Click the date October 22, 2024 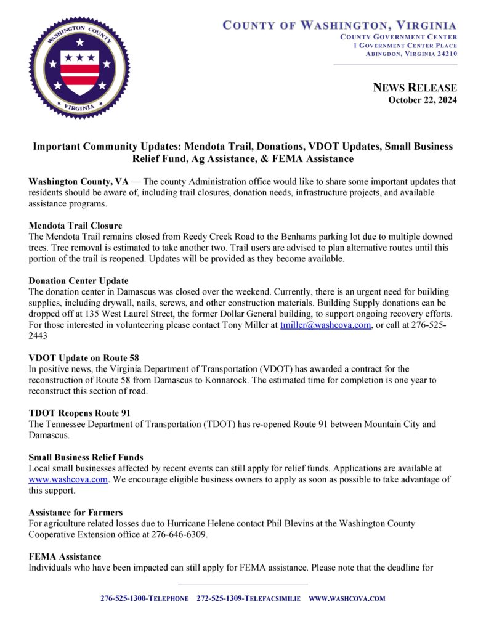(422, 100)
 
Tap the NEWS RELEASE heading (415, 88)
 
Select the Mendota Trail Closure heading (75, 226)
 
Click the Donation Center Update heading (78, 280)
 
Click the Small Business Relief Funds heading (86, 457)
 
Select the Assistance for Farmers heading (75, 512)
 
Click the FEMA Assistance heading (65, 556)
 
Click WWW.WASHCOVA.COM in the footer (347, 598)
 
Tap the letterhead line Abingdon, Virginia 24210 (411, 54)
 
